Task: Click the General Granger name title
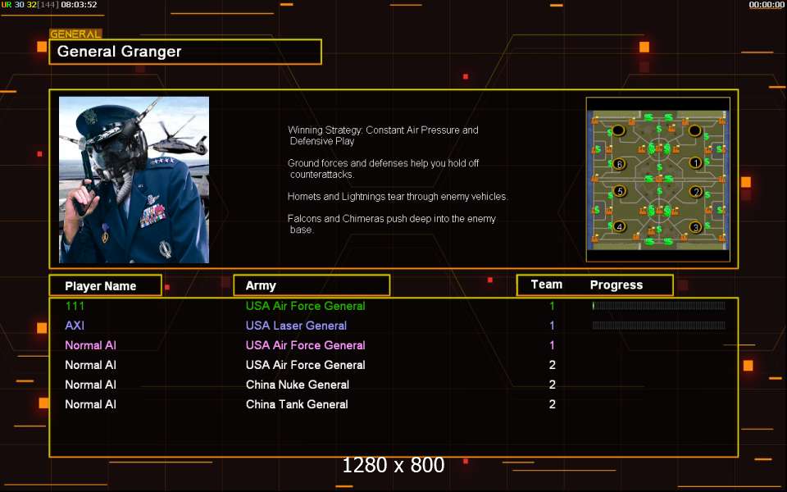(x=120, y=52)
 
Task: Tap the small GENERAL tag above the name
(x=75, y=34)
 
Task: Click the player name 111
(x=75, y=306)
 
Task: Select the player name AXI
(x=75, y=326)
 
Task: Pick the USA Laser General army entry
(x=296, y=326)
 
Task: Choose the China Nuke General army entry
(x=298, y=385)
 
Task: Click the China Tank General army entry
(x=297, y=404)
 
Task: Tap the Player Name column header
(x=101, y=285)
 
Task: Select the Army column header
(x=261, y=285)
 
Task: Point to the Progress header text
(x=616, y=285)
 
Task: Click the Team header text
(x=547, y=285)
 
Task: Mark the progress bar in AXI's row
(x=658, y=326)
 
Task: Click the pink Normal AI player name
(x=90, y=345)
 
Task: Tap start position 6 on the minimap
(x=619, y=164)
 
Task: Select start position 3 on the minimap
(x=695, y=227)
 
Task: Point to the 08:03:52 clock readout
(x=79, y=5)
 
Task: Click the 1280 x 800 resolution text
(x=393, y=466)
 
